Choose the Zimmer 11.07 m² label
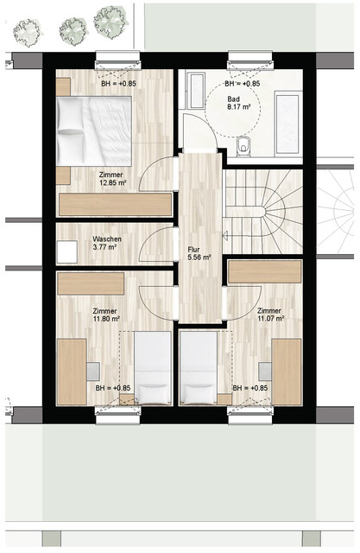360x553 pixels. [x=268, y=316]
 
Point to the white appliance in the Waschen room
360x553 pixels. [x=66, y=251]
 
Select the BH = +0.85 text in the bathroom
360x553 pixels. [x=243, y=85]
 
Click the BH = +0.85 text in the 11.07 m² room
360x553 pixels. [x=250, y=389]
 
